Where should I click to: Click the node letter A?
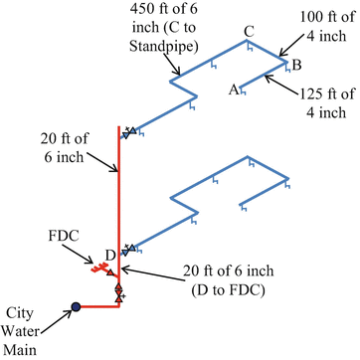(x=234, y=90)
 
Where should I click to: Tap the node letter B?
(x=294, y=65)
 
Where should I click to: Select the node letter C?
(x=249, y=31)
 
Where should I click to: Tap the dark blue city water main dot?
(x=75, y=307)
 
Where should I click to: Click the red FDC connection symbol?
(x=98, y=268)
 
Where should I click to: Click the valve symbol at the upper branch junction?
(x=127, y=132)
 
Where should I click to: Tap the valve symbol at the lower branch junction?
(x=125, y=250)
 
